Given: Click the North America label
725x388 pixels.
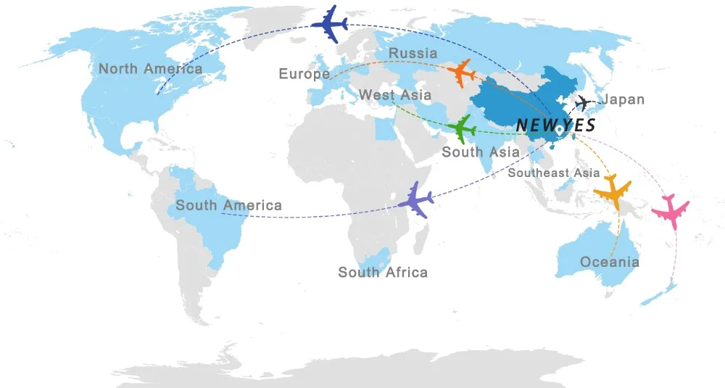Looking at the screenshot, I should [x=151, y=69].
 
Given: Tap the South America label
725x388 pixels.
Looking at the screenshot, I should [x=228, y=206].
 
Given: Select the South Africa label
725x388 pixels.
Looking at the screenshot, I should [x=383, y=273].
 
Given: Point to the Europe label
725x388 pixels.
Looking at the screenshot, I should [x=304, y=74].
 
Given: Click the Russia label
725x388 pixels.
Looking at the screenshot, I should [x=413, y=53].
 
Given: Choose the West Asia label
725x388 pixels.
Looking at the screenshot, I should [x=395, y=95].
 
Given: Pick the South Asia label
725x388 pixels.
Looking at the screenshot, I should [x=481, y=152].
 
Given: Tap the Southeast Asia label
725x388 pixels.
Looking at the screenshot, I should [x=554, y=173].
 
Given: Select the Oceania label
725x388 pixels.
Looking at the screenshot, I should [x=610, y=262].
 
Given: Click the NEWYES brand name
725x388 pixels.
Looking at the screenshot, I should [x=556, y=125].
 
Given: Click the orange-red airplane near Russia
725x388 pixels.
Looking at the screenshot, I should [x=462, y=73].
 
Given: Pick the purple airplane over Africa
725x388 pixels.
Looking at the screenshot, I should [x=415, y=199].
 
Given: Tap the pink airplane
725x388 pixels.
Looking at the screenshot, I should [x=670, y=210].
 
